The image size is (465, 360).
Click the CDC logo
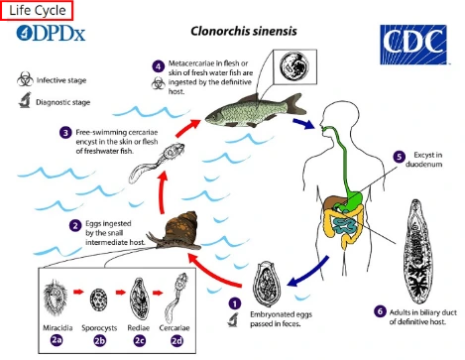pos(413,45)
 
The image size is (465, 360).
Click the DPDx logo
pos(51,33)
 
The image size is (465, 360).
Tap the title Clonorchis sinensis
pos(244,31)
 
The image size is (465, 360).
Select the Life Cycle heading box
pos(37,10)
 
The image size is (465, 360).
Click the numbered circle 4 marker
pos(159,66)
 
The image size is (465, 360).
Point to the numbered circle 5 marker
pos(399,157)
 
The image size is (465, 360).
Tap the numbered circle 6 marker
pos(380,311)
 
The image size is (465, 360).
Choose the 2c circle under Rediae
pos(139,340)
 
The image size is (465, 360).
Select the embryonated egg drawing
pos(267,280)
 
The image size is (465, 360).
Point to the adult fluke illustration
pos(417,251)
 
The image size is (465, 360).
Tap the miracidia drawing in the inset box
pos(55,298)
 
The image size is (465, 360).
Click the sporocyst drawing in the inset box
pos(98,299)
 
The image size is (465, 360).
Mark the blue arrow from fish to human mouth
pos(303,124)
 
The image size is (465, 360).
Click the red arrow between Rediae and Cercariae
pos(158,293)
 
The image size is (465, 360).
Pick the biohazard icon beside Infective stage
pos(25,79)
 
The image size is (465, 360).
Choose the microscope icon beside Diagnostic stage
pos(25,100)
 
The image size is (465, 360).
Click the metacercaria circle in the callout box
pos(294,65)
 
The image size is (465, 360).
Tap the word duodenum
pos(423,165)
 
